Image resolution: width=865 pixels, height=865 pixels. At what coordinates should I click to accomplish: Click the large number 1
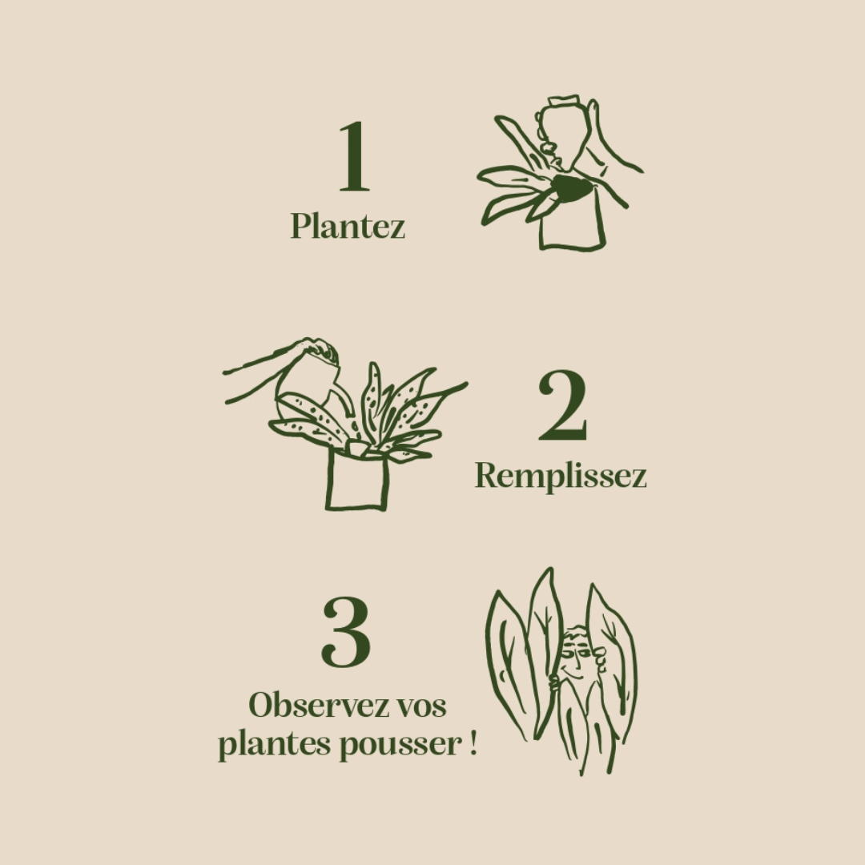coord(354,158)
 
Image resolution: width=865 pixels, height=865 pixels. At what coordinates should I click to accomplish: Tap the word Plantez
coord(348,226)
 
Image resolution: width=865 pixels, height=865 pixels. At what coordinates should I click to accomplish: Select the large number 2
coord(562,406)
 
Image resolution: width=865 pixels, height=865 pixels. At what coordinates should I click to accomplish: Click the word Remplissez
coord(561,476)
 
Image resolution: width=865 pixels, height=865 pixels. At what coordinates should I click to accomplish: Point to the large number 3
coord(346,632)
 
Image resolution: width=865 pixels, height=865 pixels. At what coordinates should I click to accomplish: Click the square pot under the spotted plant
coord(357,481)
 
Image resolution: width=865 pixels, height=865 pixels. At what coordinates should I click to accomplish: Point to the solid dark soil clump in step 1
coord(572,189)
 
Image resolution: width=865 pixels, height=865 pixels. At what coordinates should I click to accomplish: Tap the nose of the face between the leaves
coord(575,653)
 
